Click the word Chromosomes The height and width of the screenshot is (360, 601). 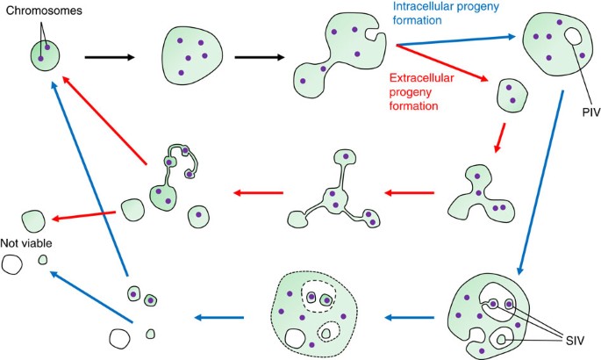[x=44, y=11]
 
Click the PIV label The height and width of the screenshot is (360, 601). [x=591, y=112]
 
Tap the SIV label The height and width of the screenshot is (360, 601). [x=575, y=341]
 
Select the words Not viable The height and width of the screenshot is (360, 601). [x=26, y=243]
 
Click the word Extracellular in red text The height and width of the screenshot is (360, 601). [x=422, y=78]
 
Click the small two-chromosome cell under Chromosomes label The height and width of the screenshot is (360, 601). [x=45, y=55]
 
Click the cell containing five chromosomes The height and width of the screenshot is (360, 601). [x=192, y=55]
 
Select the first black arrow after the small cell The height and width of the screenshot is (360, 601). [x=110, y=57]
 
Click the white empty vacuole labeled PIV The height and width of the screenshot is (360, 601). [x=574, y=36]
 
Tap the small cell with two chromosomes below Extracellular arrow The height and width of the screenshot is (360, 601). [x=512, y=96]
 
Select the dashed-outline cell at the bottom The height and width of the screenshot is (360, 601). [x=314, y=314]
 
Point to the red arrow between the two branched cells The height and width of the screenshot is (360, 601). [x=410, y=192]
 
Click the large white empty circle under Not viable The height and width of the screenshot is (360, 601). [x=11, y=264]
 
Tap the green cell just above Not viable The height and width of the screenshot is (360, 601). [x=33, y=221]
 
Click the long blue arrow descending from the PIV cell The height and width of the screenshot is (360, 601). [x=540, y=183]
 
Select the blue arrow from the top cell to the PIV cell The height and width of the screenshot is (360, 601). [x=456, y=40]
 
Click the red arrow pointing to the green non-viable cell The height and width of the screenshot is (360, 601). [x=83, y=215]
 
